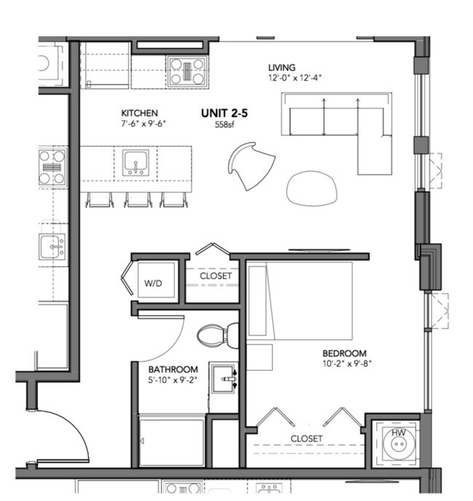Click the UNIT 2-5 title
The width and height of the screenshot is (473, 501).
click(x=224, y=113)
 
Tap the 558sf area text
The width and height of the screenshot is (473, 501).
click(x=225, y=124)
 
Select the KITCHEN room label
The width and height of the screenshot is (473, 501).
click(x=140, y=113)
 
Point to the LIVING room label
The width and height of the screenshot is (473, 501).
click(x=282, y=68)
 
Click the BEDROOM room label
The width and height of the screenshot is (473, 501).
click(x=344, y=353)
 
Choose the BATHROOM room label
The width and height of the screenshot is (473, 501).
click(x=173, y=369)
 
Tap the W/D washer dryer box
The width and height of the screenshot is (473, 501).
click(x=156, y=279)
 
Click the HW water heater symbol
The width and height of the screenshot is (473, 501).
click(x=399, y=444)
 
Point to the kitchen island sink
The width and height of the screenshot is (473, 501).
click(x=135, y=163)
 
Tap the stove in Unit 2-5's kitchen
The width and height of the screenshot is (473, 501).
click(x=187, y=71)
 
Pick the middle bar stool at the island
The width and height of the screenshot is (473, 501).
click(x=138, y=200)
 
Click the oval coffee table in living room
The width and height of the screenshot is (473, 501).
click(x=311, y=188)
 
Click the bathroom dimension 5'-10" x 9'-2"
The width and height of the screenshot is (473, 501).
click(x=172, y=380)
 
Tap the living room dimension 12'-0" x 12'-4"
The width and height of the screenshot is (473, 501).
click(x=295, y=78)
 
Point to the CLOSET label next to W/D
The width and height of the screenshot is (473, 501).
click(x=216, y=276)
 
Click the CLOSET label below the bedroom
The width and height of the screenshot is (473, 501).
click(x=306, y=438)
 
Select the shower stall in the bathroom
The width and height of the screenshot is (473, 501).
click(x=172, y=441)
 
